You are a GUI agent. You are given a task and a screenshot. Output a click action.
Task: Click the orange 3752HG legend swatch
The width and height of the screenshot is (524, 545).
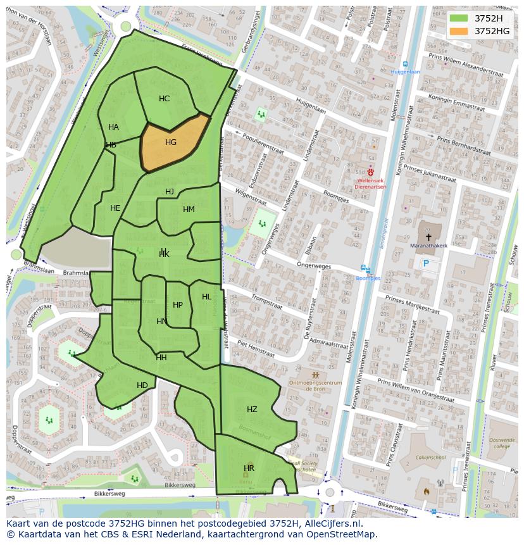pyautogui.click(x=459, y=30)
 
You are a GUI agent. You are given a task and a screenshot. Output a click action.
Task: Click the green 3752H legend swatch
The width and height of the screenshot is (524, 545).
pyautogui.click(x=459, y=18)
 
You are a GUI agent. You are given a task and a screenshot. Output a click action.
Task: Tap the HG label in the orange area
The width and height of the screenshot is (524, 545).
pyautogui.click(x=171, y=142)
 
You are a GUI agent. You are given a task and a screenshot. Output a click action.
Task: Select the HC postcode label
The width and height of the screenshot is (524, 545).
pyautogui.click(x=164, y=99)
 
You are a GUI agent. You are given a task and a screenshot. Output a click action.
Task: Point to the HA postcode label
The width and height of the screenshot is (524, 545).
pyautogui.click(x=113, y=127)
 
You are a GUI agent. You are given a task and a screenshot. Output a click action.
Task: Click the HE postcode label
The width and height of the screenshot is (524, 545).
pyautogui.click(x=115, y=208)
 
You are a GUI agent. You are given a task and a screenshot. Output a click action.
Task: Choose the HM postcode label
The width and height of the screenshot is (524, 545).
pyautogui.click(x=189, y=210)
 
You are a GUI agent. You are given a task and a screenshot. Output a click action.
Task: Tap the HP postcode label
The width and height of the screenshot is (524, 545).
pyautogui.click(x=178, y=305)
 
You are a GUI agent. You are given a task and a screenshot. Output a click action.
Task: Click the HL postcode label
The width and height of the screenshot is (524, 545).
pyautogui.click(x=207, y=297)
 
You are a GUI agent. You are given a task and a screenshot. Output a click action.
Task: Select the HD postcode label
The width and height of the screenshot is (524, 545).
pyautogui.click(x=142, y=385)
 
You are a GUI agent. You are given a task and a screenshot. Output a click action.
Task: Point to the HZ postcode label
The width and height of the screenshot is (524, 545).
pyautogui.click(x=252, y=410)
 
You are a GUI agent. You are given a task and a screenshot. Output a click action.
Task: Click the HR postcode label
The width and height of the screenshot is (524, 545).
pyautogui.click(x=249, y=468)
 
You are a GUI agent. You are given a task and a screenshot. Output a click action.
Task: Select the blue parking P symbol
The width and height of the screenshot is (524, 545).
pyautogui.click(x=426, y=263)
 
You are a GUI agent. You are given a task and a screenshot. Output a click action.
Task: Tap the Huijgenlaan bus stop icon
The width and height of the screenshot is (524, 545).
pyautogui.click(x=405, y=64)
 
